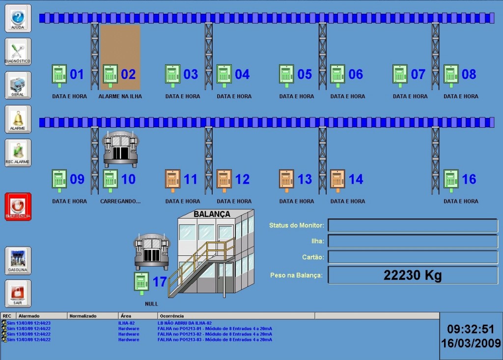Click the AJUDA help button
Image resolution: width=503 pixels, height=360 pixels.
click(x=18, y=19)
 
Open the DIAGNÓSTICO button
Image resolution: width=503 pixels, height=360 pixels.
click(x=18, y=52)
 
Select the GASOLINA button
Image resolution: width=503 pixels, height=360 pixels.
click(x=18, y=260)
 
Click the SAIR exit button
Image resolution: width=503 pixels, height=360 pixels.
click(x=18, y=294)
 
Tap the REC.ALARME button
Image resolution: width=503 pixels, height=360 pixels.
click(x=18, y=153)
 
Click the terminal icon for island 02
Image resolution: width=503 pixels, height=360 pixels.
click(x=110, y=75)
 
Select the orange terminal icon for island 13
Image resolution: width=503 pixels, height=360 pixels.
click(x=286, y=179)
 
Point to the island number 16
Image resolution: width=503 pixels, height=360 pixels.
click(x=469, y=179)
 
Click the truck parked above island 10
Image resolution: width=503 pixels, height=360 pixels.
click(x=120, y=149)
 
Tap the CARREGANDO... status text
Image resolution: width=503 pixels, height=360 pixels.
click(x=120, y=201)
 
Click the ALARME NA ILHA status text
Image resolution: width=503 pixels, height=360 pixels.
click(x=120, y=97)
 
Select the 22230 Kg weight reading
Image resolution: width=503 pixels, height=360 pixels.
click(x=413, y=276)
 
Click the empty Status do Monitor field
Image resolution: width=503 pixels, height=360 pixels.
click(x=413, y=225)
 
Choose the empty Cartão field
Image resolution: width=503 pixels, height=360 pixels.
click(x=413, y=257)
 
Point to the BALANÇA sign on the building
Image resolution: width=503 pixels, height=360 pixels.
click(x=212, y=214)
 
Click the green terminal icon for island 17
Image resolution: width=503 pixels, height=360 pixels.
click(x=141, y=282)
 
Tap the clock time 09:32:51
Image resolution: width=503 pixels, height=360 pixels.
click(x=471, y=329)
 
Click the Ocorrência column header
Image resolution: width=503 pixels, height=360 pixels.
click(x=171, y=316)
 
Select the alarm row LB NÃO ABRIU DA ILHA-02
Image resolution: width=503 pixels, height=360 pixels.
click(x=184, y=323)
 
